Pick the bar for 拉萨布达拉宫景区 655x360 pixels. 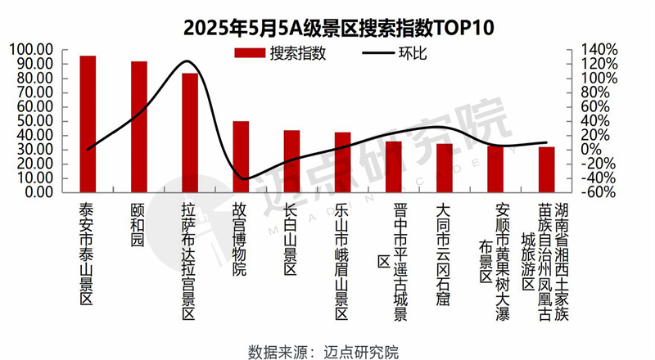coord(190,133)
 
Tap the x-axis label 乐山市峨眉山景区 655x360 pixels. coord(342,261)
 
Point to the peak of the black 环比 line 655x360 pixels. coord(187,61)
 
